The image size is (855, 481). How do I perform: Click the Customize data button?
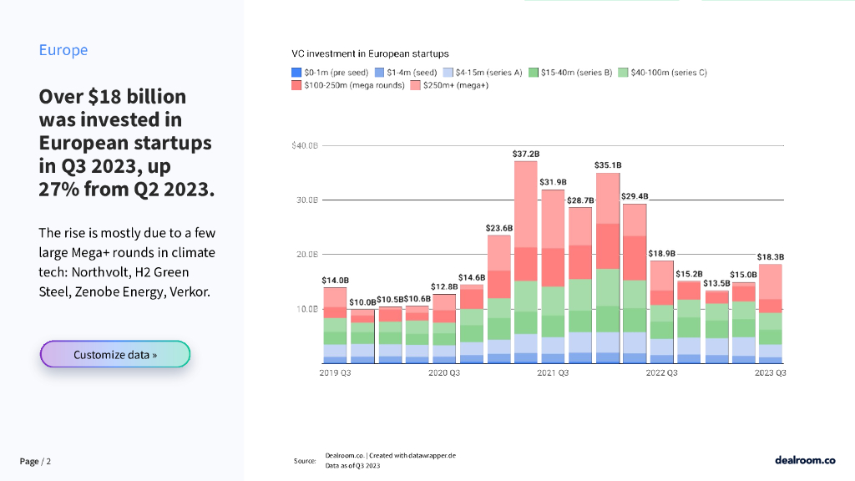click(115, 354)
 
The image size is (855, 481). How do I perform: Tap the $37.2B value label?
click(526, 154)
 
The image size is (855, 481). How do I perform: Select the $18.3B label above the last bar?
click(770, 257)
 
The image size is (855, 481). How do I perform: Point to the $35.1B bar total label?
click(607, 165)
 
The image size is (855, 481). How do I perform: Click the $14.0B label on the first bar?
click(335, 281)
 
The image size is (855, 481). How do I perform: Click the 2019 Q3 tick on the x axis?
click(335, 373)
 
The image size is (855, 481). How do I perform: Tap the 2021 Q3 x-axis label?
click(553, 373)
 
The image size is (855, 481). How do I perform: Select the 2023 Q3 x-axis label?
click(770, 373)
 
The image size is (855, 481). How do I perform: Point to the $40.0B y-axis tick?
click(305, 146)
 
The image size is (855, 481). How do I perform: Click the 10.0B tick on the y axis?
click(307, 309)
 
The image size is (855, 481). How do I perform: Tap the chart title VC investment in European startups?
click(370, 54)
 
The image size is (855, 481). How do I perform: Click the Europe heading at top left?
click(63, 50)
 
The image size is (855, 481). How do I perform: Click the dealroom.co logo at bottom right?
click(805, 460)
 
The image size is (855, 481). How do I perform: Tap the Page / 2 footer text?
click(36, 462)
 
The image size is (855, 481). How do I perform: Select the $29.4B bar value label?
click(635, 197)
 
